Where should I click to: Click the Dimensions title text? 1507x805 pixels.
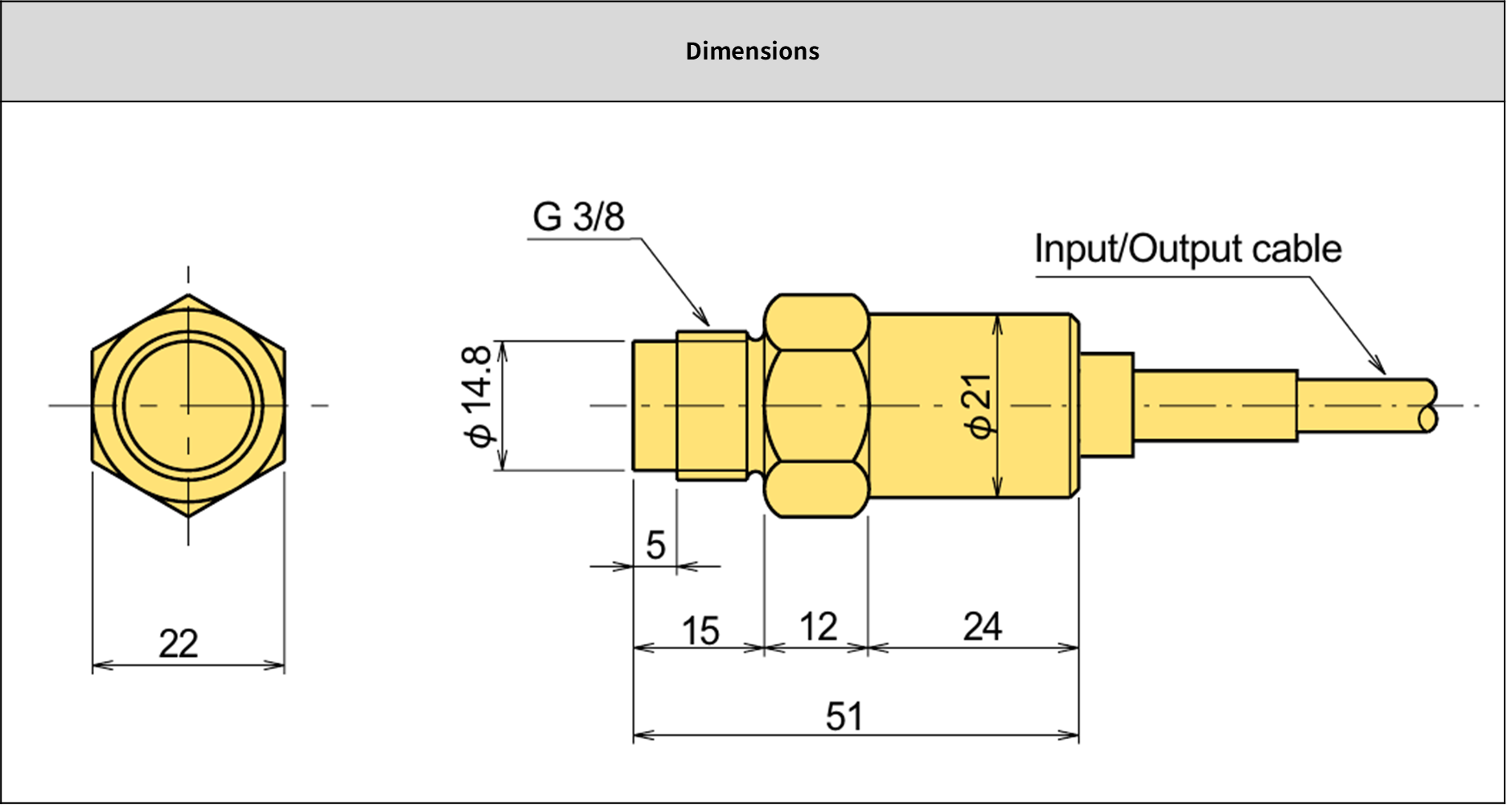pos(752,51)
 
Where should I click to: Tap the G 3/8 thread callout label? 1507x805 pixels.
pos(578,217)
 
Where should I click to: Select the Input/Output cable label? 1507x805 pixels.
pos(1187,249)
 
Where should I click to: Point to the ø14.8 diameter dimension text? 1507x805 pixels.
pos(478,396)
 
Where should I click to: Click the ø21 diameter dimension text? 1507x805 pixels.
pos(980,406)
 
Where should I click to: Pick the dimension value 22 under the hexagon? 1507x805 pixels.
pos(179,644)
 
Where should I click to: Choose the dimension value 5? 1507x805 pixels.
pos(655,546)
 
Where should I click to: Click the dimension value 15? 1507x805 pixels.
pos(700,631)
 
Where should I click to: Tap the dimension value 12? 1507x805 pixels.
pos(819,627)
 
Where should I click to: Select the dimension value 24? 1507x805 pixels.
pos(982,627)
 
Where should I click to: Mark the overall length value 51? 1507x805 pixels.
pos(844,717)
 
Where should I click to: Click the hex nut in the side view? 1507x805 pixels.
pos(816,405)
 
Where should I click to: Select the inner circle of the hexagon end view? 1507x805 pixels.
pos(188,405)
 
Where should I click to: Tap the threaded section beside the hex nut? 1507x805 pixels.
pos(712,405)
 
